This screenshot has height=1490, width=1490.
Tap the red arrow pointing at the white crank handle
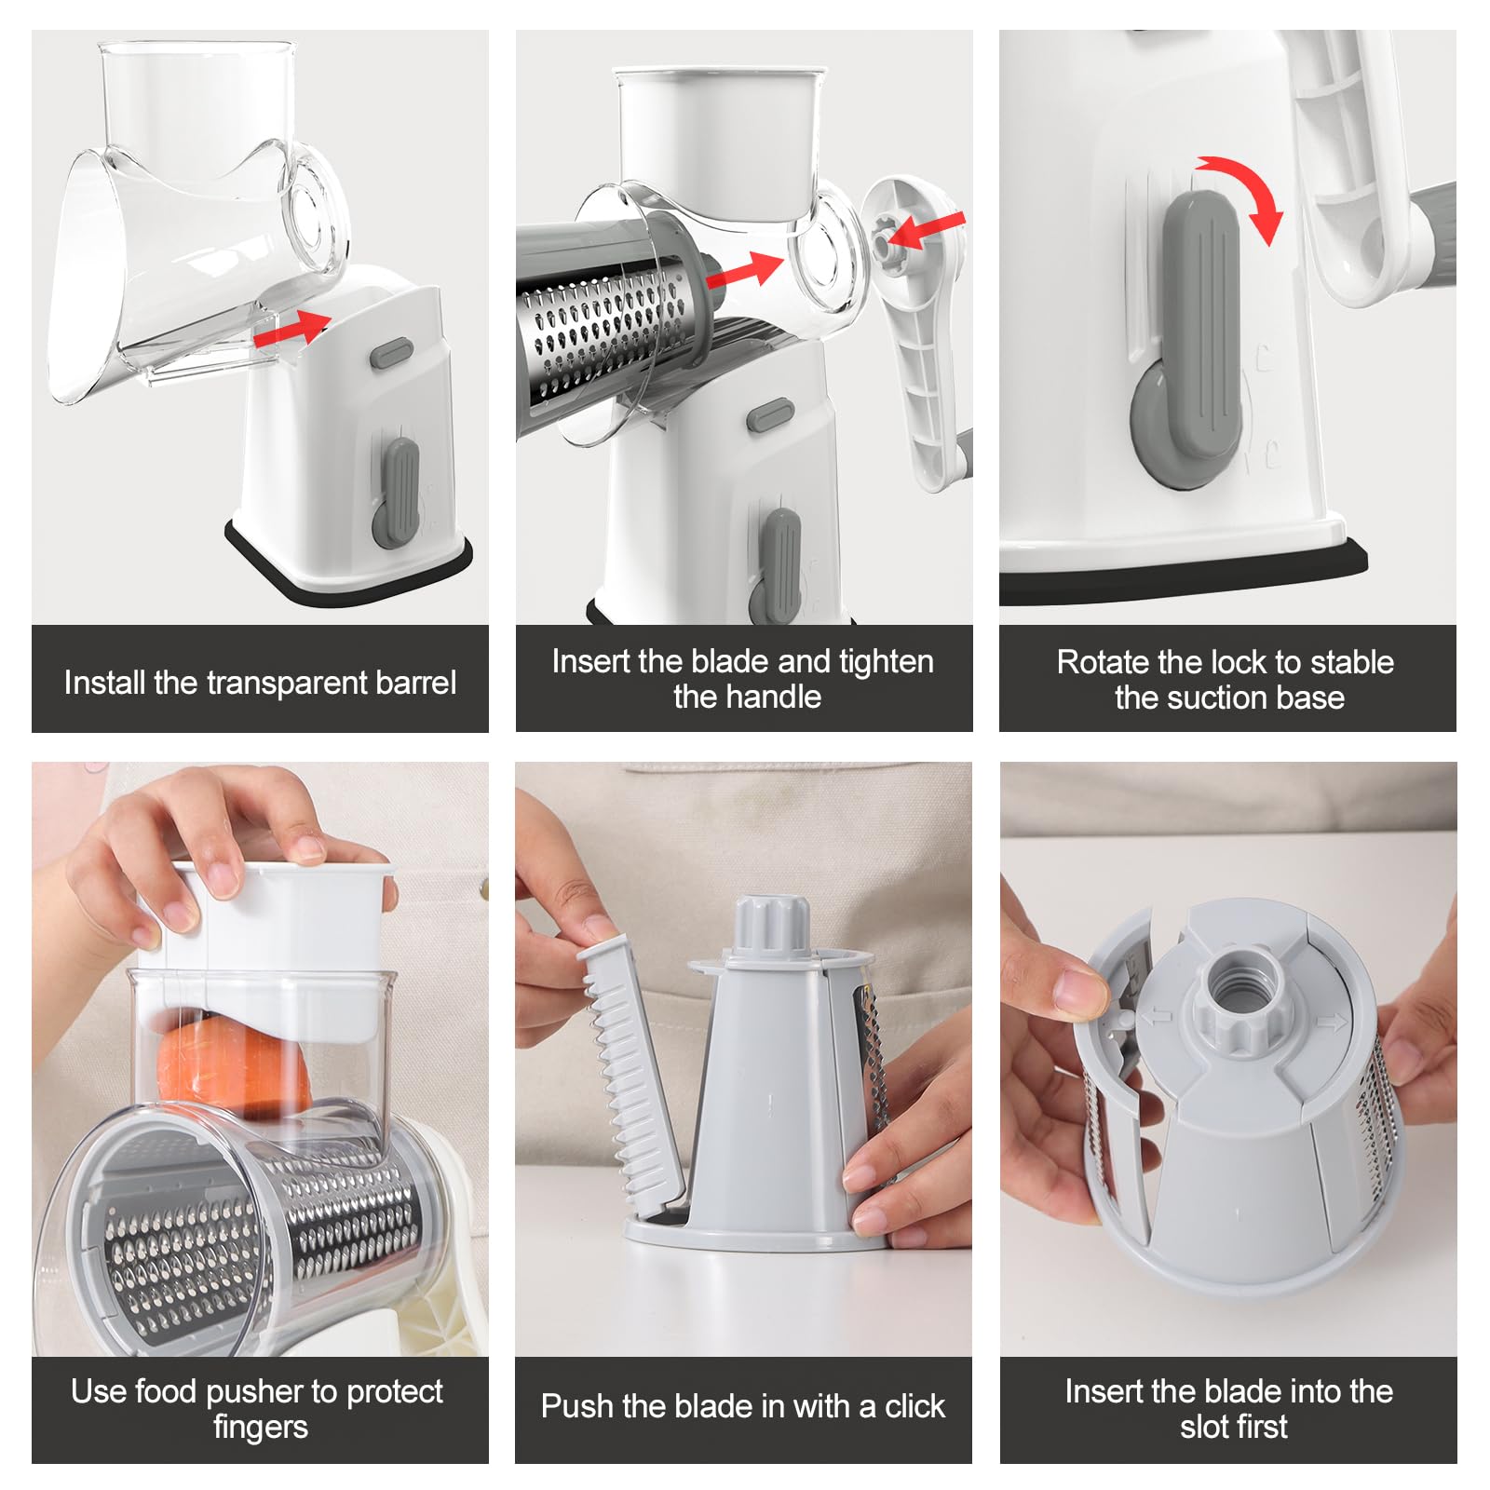(x=926, y=230)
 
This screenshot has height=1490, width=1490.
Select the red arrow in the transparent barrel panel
(x=292, y=329)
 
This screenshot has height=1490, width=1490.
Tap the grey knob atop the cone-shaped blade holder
(x=771, y=926)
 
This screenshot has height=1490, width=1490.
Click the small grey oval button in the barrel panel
(x=391, y=353)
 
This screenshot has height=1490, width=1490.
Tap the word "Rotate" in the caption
(x=1104, y=662)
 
